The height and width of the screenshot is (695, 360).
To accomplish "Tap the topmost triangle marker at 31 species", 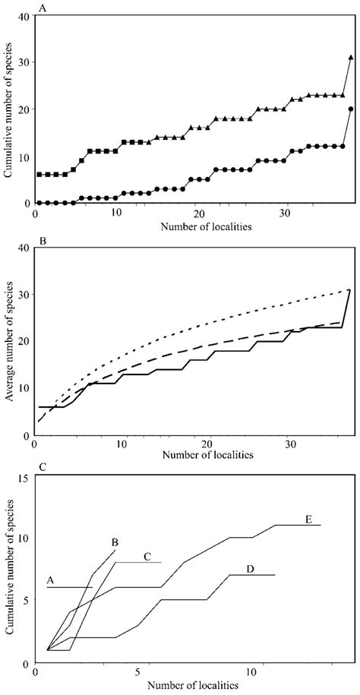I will coord(350,57).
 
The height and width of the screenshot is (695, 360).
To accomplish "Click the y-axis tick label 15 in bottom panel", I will coord(24,478).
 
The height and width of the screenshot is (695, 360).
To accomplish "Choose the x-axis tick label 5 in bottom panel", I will coord(138,673).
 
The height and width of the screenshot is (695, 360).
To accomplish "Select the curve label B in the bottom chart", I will coord(114,542).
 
